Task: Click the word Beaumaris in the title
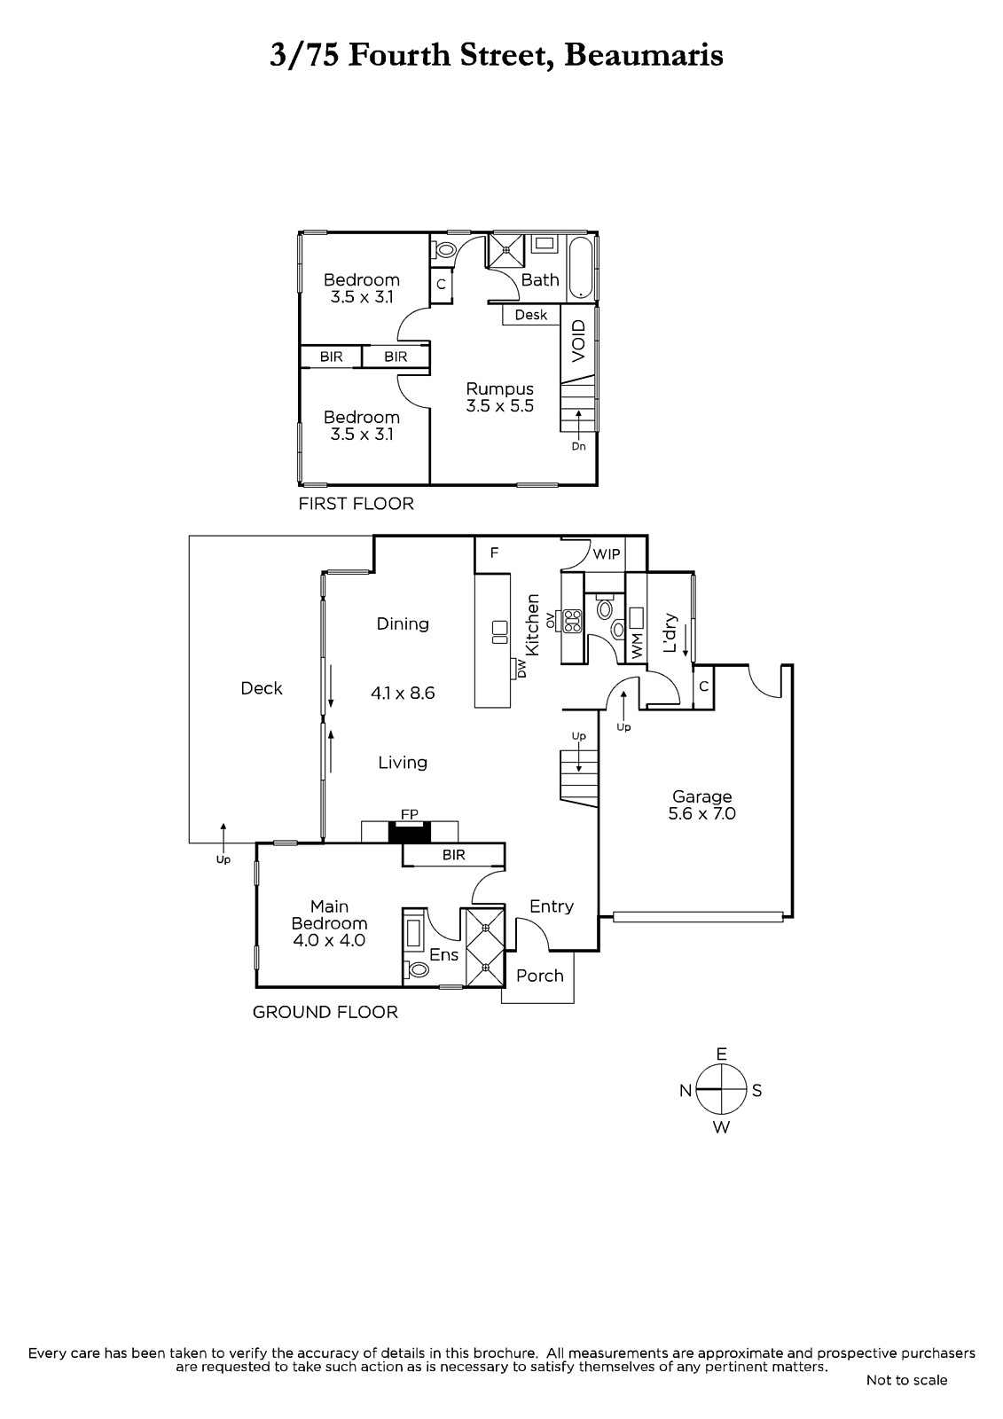644,55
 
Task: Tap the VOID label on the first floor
579,341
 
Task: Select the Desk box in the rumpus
531,315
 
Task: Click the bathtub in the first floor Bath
580,267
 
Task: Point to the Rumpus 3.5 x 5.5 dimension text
500,406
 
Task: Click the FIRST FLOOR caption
357,505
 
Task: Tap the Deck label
262,688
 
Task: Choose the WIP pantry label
607,554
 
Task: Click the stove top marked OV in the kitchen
573,620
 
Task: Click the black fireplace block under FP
410,832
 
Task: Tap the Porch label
540,976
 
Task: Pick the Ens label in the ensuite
443,954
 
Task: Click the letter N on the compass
686,1091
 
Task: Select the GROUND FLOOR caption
325,1012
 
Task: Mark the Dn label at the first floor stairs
578,446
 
